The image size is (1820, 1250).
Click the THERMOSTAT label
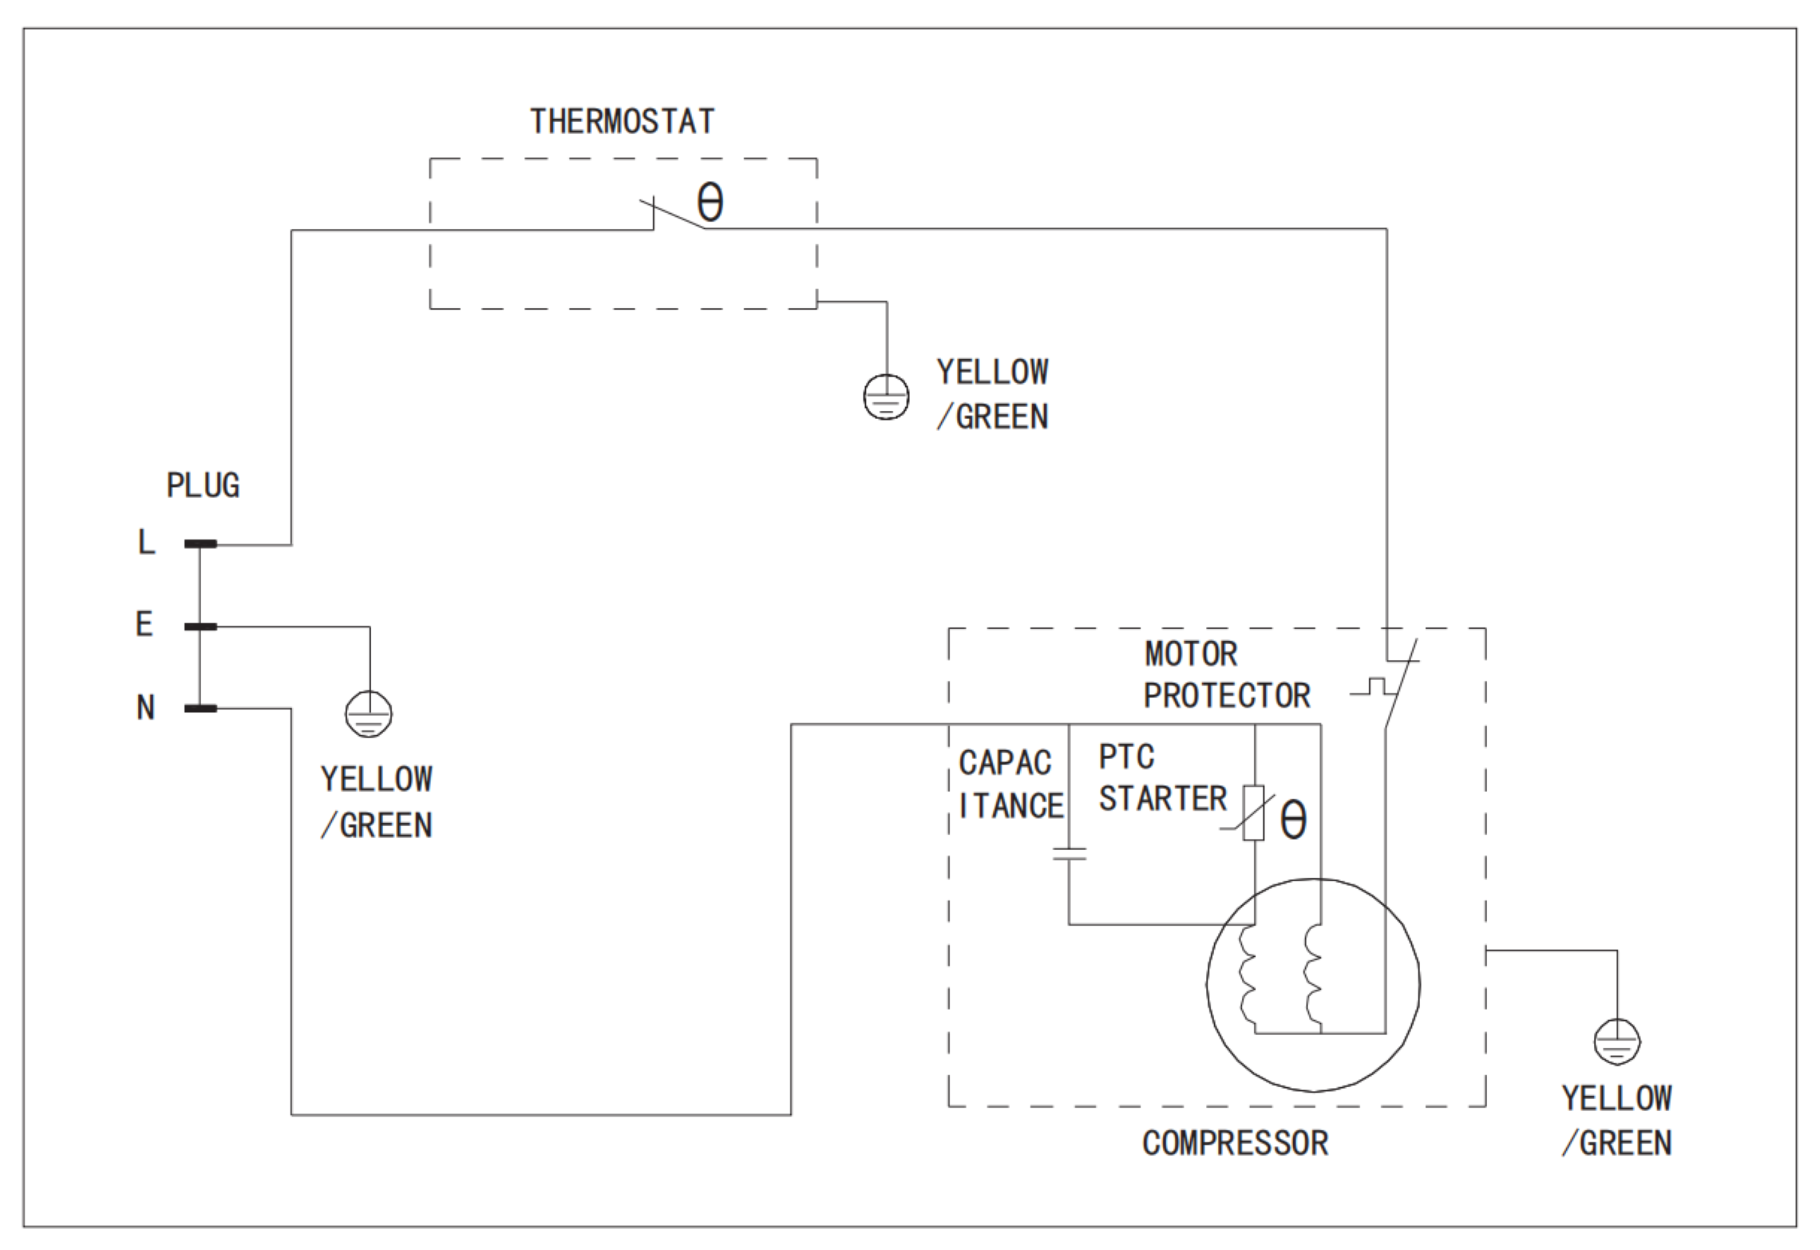pos(622,121)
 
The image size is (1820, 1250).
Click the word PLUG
pos(203,486)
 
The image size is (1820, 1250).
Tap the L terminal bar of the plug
pos(201,543)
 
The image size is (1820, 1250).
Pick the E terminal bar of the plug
pos(201,627)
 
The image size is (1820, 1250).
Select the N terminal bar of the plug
pos(201,709)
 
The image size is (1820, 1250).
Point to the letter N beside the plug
pos(146,708)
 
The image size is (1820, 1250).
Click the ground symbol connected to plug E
pos(369,713)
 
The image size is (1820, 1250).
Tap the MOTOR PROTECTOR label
pos(1226,675)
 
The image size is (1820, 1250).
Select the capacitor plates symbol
pos(1069,853)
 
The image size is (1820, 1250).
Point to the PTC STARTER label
pos(1162,778)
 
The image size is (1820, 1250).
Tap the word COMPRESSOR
pos(1235,1143)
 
